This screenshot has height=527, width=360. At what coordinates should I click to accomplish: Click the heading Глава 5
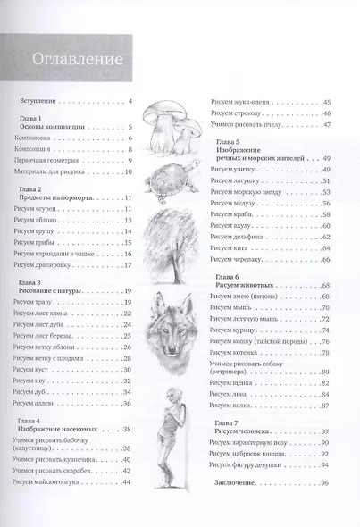228,141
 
